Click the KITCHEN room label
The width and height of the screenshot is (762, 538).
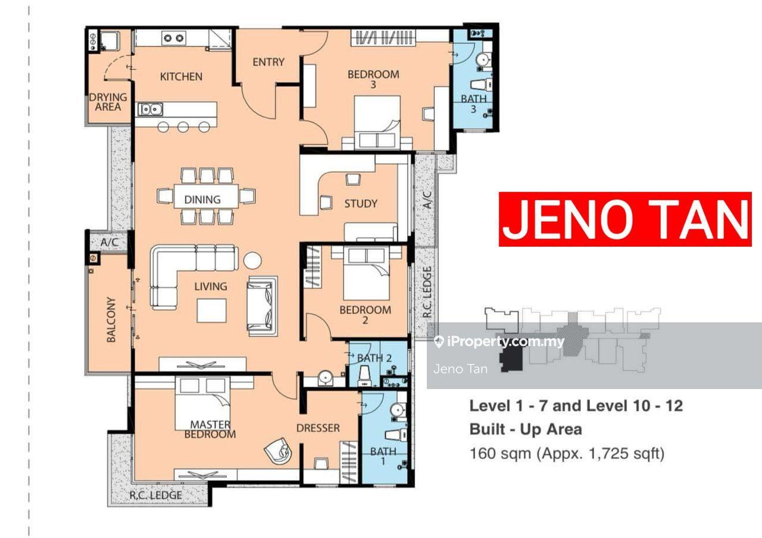coord(181,77)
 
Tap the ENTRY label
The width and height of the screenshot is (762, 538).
coord(268,62)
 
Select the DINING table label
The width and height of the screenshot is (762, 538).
coord(202,200)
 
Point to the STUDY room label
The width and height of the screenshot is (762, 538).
coord(361,204)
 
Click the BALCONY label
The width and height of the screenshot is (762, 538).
coord(111,319)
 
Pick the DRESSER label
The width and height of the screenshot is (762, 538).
coord(318,428)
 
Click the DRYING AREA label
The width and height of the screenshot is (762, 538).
coord(108,102)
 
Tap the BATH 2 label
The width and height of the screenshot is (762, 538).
coord(374,358)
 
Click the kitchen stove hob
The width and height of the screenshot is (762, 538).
coord(173,38)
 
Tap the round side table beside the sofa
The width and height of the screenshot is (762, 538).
coord(252,260)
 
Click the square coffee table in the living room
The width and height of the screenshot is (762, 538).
coord(211,310)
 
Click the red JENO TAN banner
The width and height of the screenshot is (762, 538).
coord(625,219)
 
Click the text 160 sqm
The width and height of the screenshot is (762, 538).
coord(501,453)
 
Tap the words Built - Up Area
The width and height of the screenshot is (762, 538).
coord(526,430)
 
